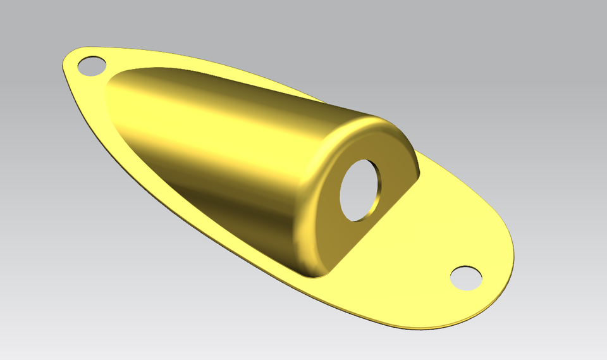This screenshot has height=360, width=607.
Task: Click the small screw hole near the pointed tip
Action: point(92,66)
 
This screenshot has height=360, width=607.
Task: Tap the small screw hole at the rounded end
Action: point(466,278)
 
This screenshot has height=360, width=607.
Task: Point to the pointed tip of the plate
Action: point(65,62)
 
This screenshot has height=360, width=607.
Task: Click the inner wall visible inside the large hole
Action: point(375,190)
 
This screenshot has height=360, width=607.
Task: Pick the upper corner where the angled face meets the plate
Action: point(419,175)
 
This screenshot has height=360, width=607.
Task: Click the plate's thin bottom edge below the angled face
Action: point(354,311)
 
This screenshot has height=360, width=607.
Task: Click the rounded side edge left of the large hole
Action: point(310,209)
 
